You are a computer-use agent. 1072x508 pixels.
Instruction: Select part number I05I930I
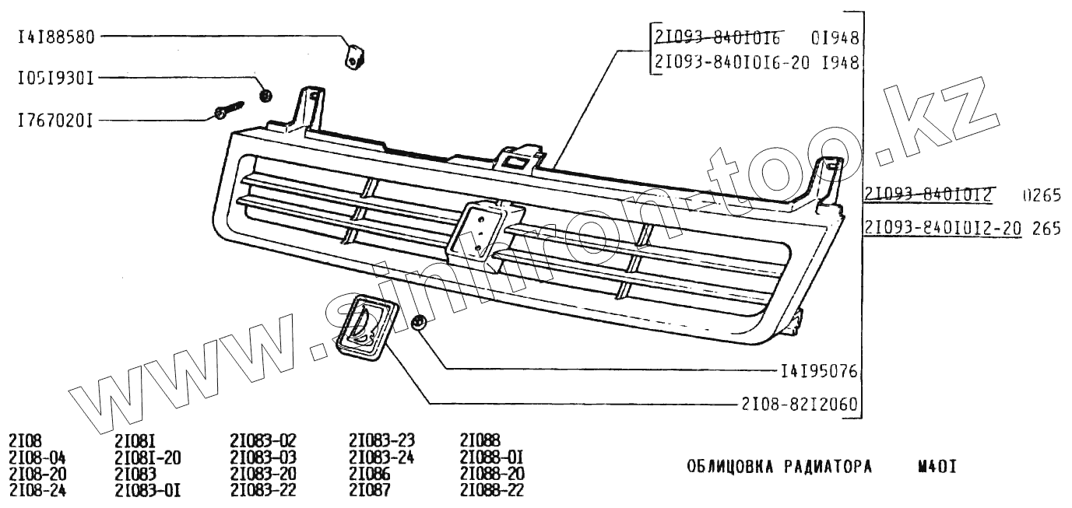pos(55,78)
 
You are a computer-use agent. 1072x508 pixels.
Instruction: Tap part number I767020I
pos(55,121)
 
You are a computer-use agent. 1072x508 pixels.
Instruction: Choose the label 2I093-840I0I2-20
pos(943,229)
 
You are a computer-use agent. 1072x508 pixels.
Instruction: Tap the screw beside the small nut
pos(227,110)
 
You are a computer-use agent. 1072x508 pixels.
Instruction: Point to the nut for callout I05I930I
pos(265,95)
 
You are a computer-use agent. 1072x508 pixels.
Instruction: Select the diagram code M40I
pos(937,467)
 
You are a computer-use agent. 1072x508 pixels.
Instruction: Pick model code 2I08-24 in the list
pos(37,491)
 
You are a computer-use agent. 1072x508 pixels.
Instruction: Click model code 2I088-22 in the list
pos(492,491)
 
